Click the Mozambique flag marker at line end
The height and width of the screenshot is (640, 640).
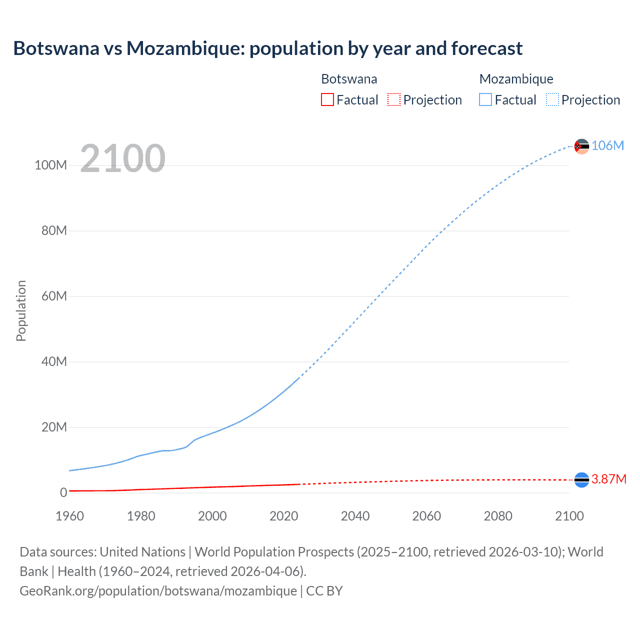point(581,146)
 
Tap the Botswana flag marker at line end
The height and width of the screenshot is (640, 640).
point(581,480)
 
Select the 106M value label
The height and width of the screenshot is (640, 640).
point(607,145)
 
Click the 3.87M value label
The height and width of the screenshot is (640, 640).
point(608,479)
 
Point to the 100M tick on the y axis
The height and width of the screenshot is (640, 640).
point(50,165)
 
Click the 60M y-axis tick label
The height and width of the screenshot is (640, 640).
point(54,296)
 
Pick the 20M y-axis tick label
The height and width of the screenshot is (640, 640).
point(54,427)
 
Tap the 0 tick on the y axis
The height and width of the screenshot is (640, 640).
point(63,492)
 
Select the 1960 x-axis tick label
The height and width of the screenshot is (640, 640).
point(69,516)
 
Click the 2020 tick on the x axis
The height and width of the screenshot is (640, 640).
point(283,516)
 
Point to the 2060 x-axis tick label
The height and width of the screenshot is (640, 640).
point(426,516)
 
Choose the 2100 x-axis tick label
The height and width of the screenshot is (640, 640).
point(569,516)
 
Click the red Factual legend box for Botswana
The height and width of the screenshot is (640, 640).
point(327,100)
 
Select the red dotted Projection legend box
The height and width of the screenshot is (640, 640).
point(394,100)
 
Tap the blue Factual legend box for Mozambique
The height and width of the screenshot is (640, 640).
point(485,100)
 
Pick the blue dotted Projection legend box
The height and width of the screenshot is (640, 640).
point(552,100)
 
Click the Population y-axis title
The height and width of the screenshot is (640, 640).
point(21,310)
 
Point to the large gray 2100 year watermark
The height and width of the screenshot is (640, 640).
point(122,158)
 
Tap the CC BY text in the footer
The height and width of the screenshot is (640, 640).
point(324,591)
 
